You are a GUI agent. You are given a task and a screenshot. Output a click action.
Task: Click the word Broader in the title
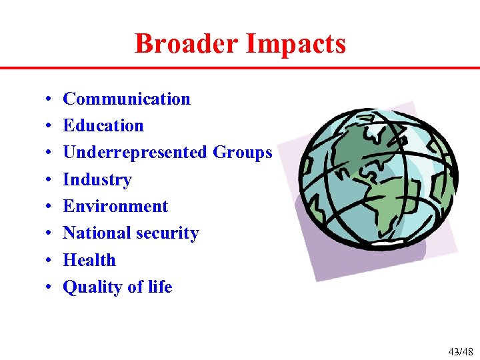tap(187, 44)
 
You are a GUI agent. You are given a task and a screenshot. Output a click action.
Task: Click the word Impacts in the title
tap(295, 44)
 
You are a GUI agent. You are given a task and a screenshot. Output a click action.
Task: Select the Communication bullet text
tap(126, 99)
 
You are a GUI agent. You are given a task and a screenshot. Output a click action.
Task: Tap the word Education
tap(103, 126)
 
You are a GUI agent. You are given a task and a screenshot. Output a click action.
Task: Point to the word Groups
tap(243, 153)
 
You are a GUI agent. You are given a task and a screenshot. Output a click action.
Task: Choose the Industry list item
tap(97, 180)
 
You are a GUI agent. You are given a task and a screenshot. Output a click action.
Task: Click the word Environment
tap(115, 207)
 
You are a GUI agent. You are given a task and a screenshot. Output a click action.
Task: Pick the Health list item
tap(89, 260)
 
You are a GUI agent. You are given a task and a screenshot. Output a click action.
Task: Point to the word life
tap(160, 287)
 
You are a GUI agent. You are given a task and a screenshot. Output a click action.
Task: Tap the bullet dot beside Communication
tap(50, 100)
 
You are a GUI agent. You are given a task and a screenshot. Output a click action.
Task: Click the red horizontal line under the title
tap(240, 68)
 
